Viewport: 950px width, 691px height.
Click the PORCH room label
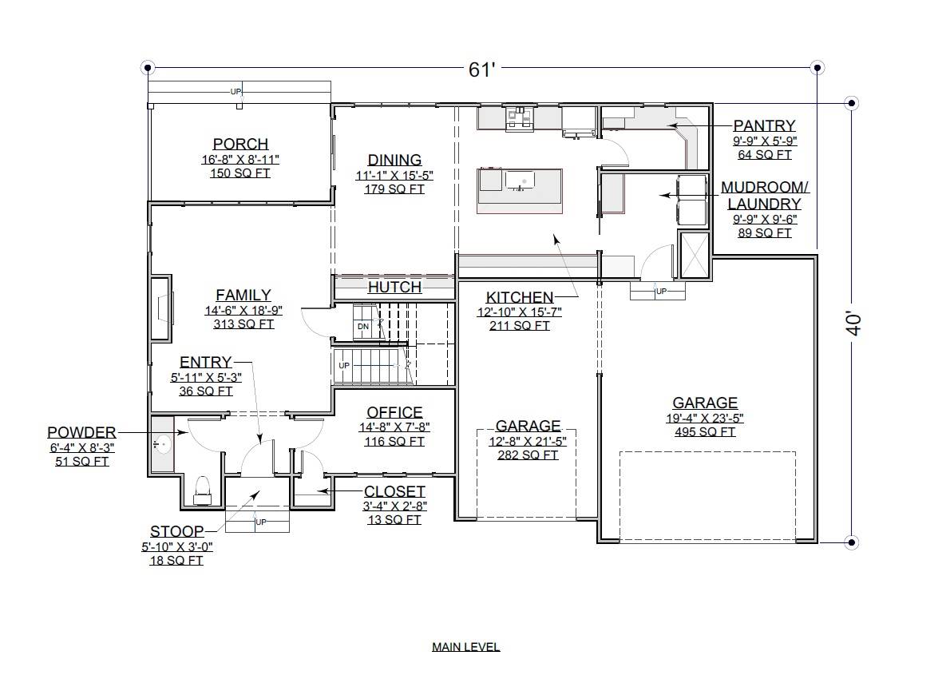click(x=240, y=145)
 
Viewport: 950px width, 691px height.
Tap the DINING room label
click(x=394, y=161)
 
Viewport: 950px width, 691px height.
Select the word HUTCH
click(x=394, y=287)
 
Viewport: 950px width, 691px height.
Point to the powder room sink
click(x=164, y=444)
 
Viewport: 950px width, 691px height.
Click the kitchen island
click(x=520, y=190)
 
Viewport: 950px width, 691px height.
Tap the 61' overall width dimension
click(x=482, y=70)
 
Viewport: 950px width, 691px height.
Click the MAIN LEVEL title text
click(x=466, y=647)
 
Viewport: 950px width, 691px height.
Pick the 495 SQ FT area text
click(x=705, y=432)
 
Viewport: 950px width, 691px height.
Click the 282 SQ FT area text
click(x=528, y=455)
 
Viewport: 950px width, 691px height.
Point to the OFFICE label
click(x=394, y=413)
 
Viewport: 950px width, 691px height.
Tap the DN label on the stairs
click(x=363, y=327)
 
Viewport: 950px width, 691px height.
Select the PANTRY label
click(x=764, y=125)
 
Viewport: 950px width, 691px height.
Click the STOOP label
click(x=176, y=532)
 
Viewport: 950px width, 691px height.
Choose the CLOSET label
click(x=394, y=491)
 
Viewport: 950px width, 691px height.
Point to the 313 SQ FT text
click(x=243, y=324)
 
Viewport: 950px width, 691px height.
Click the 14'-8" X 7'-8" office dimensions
click(x=394, y=427)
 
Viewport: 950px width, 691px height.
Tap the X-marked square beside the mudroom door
click(x=693, y=256)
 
